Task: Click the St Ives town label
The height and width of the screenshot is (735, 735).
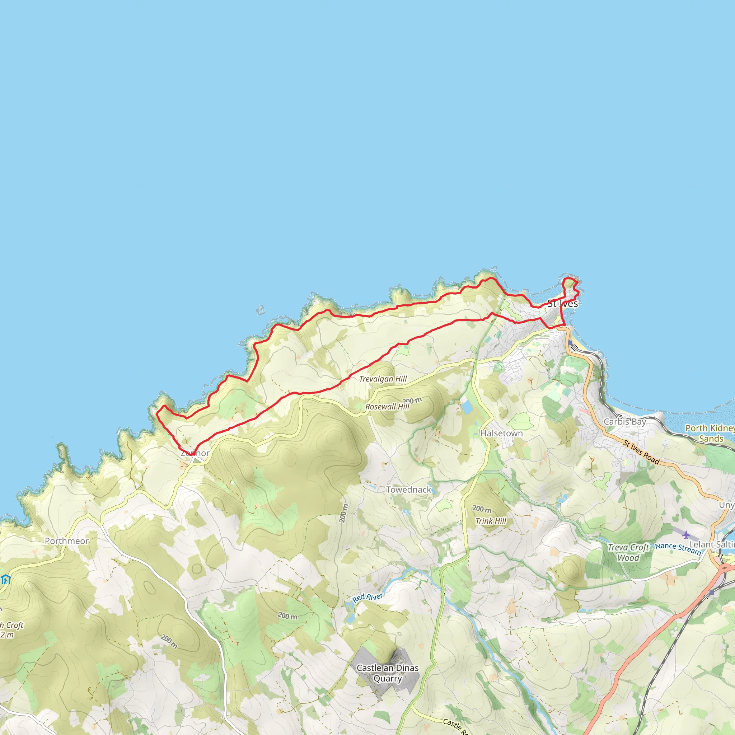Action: (x=562, y=304)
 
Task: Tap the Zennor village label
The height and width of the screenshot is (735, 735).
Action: (x=195, y=453)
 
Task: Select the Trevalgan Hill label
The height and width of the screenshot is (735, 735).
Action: (x=383, y=379)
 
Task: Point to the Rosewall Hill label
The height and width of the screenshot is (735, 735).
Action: (x=387, y=407)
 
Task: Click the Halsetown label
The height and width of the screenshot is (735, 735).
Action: (x=501, y=433)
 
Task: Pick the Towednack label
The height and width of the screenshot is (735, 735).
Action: (x=408, y=490)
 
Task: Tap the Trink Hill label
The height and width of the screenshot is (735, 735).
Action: (x=491, y=521)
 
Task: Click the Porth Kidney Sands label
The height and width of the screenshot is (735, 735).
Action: (x=710, y=433)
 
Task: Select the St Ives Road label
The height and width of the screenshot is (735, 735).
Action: (x=641, y=452)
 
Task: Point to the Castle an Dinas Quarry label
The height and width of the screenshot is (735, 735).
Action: (x=387, y=673)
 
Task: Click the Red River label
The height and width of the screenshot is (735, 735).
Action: (x=367, y=597)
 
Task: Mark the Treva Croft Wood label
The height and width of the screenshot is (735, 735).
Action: (x=628, y=552)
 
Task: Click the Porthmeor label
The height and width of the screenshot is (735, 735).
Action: (x=67, y=541)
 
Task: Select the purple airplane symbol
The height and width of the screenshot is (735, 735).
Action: (x=685, y=535)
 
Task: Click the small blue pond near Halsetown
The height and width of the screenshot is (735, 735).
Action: (x=467, y=407)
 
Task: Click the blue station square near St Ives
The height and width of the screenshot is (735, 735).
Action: (x=570, y=343)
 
